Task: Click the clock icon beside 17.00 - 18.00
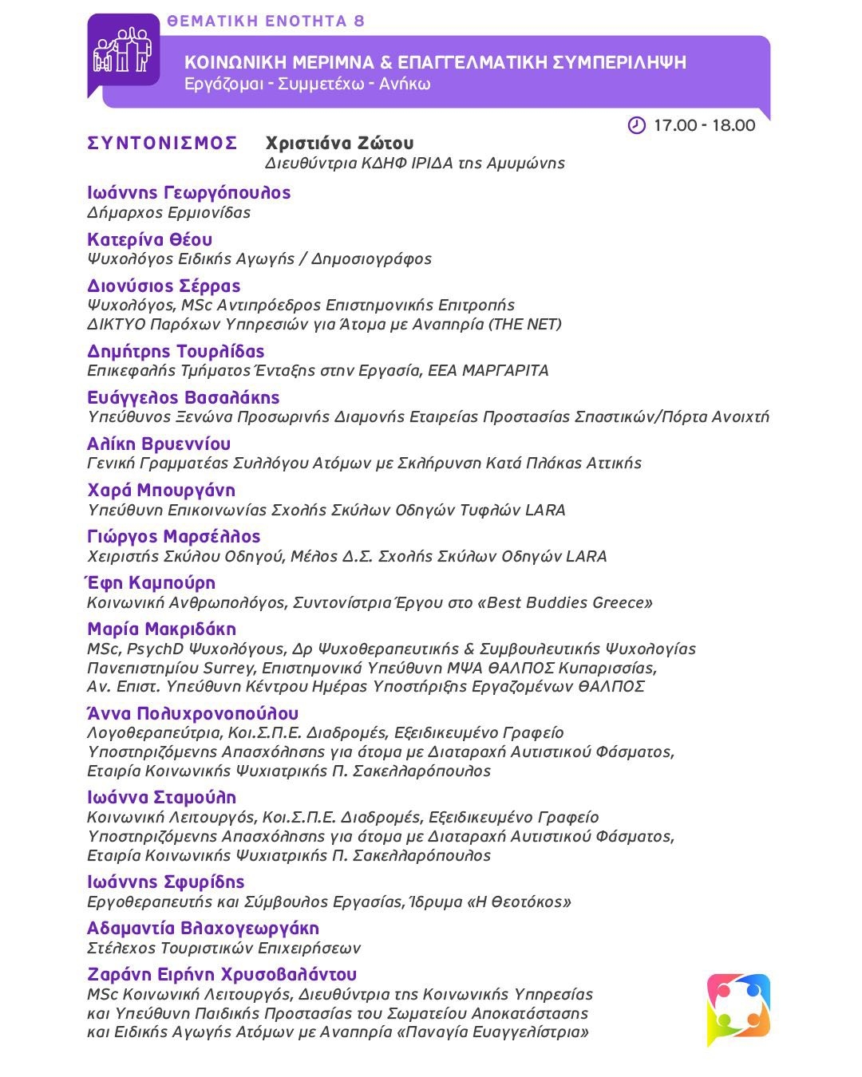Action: coord(636,125)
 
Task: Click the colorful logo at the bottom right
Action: coord(738,1007)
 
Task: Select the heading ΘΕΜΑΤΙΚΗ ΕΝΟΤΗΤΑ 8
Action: coord(267,22)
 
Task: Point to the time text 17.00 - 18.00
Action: coord(704,125)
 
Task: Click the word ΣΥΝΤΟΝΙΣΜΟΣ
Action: coord(163,144)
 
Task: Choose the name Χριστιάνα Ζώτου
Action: coord(339,144)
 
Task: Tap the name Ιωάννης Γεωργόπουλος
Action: coord(189,192)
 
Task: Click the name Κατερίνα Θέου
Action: coord(150,239)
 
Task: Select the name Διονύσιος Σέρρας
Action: coord(164,286)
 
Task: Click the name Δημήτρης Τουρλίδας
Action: coord(176,351)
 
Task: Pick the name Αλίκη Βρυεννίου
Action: coord(159,444)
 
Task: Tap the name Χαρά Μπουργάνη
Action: coord(161,490)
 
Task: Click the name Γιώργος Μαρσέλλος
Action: coord(174,536)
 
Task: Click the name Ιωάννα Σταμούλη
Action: coord(162,797)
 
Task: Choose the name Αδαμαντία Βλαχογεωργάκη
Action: coord(203,928)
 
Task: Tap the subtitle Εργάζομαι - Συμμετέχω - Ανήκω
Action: coord(307,84)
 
